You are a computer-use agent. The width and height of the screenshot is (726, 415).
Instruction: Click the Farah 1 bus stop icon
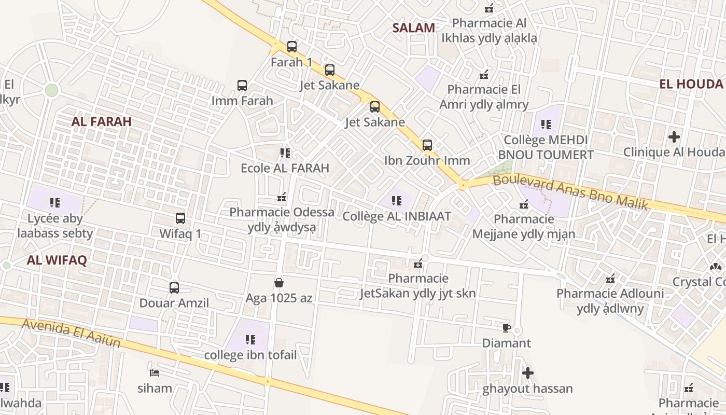pyautogui.click(x=292, y=47)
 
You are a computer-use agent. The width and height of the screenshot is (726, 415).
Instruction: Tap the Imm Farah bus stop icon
pyautogui.click(x=242, y=86)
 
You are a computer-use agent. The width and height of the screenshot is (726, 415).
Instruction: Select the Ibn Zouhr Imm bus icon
pyautogui.click(x=427, y=145)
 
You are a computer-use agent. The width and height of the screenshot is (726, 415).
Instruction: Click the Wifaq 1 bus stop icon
pyautogui.click(x=180, y=218)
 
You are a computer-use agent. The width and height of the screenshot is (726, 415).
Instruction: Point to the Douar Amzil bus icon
pyautogui.click(x=174, y=287)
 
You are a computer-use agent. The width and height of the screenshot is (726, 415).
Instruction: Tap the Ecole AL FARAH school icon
pyautogui.click(x=285, y=153)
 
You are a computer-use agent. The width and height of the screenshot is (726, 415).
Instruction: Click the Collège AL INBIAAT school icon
pyautogui.click(x=397, y=201)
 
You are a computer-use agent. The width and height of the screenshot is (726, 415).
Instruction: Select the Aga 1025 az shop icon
pyautogui.click(x=279, y=283)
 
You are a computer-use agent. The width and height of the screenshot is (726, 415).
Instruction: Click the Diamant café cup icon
pyautogui.click(x=507, y=328)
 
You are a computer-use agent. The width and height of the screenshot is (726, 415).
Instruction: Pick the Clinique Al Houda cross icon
pyautogui.click(x=674, y=137)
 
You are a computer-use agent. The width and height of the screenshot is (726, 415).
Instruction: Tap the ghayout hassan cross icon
pyautogui.click(x=528, y=373)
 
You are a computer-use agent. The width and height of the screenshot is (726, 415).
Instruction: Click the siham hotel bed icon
pyautogui.click(x=155, y=372)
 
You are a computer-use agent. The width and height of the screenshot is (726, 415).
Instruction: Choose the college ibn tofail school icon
pyautogui.click(x=250, y=340)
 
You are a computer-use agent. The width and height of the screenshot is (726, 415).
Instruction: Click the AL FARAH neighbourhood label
pyautogui.click(x=102, y=121)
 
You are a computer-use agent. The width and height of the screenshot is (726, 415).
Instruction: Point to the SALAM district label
pyautogui.click(x=413, y=28)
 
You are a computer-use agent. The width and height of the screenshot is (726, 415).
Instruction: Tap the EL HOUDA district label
pyautogui.click(x=691, y=84)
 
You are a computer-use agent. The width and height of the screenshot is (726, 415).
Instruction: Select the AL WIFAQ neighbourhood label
pyautogui.click(x=57, y=260)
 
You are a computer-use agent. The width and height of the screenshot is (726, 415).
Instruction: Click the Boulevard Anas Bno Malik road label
pyautogui.click(x=570, y=192)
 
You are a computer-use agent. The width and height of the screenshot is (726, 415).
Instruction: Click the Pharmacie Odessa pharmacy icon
pyautogui.click(x=282, y=197)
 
